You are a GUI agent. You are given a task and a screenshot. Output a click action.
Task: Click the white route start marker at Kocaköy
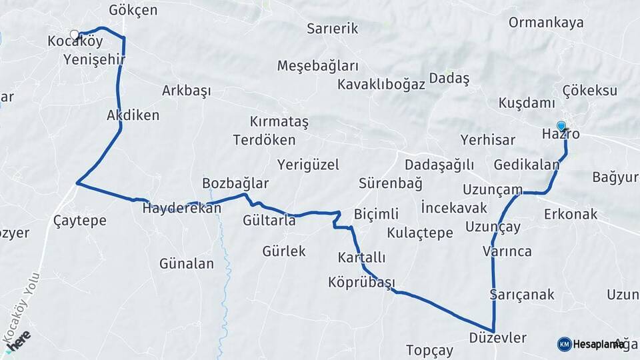[x=74, y=32]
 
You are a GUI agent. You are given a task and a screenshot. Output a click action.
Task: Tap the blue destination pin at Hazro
[x=561, y=126]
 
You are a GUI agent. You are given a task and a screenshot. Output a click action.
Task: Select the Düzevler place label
[x=497, y=338]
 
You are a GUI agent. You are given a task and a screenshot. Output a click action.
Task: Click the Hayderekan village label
[x=181, y=208]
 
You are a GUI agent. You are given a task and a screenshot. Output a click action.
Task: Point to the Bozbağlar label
[x=235, y=183]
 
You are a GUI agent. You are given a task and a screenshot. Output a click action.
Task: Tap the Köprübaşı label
[x=362, y=281]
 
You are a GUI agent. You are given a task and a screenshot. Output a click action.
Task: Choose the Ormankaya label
[x=546, y=22]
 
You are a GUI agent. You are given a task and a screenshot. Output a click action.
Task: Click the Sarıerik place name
[x=333, y=29]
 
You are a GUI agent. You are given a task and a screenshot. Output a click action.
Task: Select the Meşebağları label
[x=318, y=66]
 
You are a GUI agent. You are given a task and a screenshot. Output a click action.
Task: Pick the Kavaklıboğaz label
[x=381, y=85]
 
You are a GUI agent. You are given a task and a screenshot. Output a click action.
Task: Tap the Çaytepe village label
[x=79, y=221]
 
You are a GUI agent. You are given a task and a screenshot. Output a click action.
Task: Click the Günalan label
[x=187, y=264]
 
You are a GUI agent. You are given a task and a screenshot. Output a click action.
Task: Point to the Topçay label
[x=429, y=350]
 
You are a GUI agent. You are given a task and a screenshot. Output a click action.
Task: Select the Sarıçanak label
[x=521, y=295]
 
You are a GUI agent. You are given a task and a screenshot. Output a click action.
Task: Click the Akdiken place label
[x=133, y=115]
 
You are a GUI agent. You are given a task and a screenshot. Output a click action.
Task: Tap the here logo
[x=20, y=339]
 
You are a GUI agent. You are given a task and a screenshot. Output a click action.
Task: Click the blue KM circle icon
[x=564, y=344]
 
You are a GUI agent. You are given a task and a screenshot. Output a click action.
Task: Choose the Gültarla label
[x=269, y=221]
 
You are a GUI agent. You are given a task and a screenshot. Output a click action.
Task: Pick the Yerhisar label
[x=488, y=140]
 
